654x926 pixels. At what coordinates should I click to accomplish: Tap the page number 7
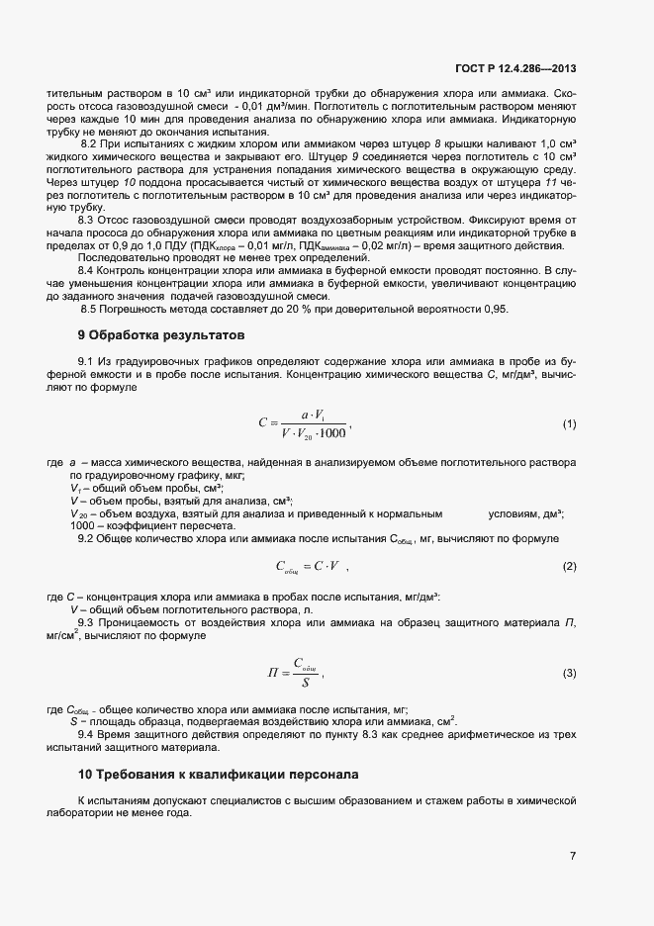tap(573, 857)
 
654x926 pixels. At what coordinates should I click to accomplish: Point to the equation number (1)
tap(569, 424)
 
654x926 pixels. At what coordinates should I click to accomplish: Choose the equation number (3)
tap(569, 673)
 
